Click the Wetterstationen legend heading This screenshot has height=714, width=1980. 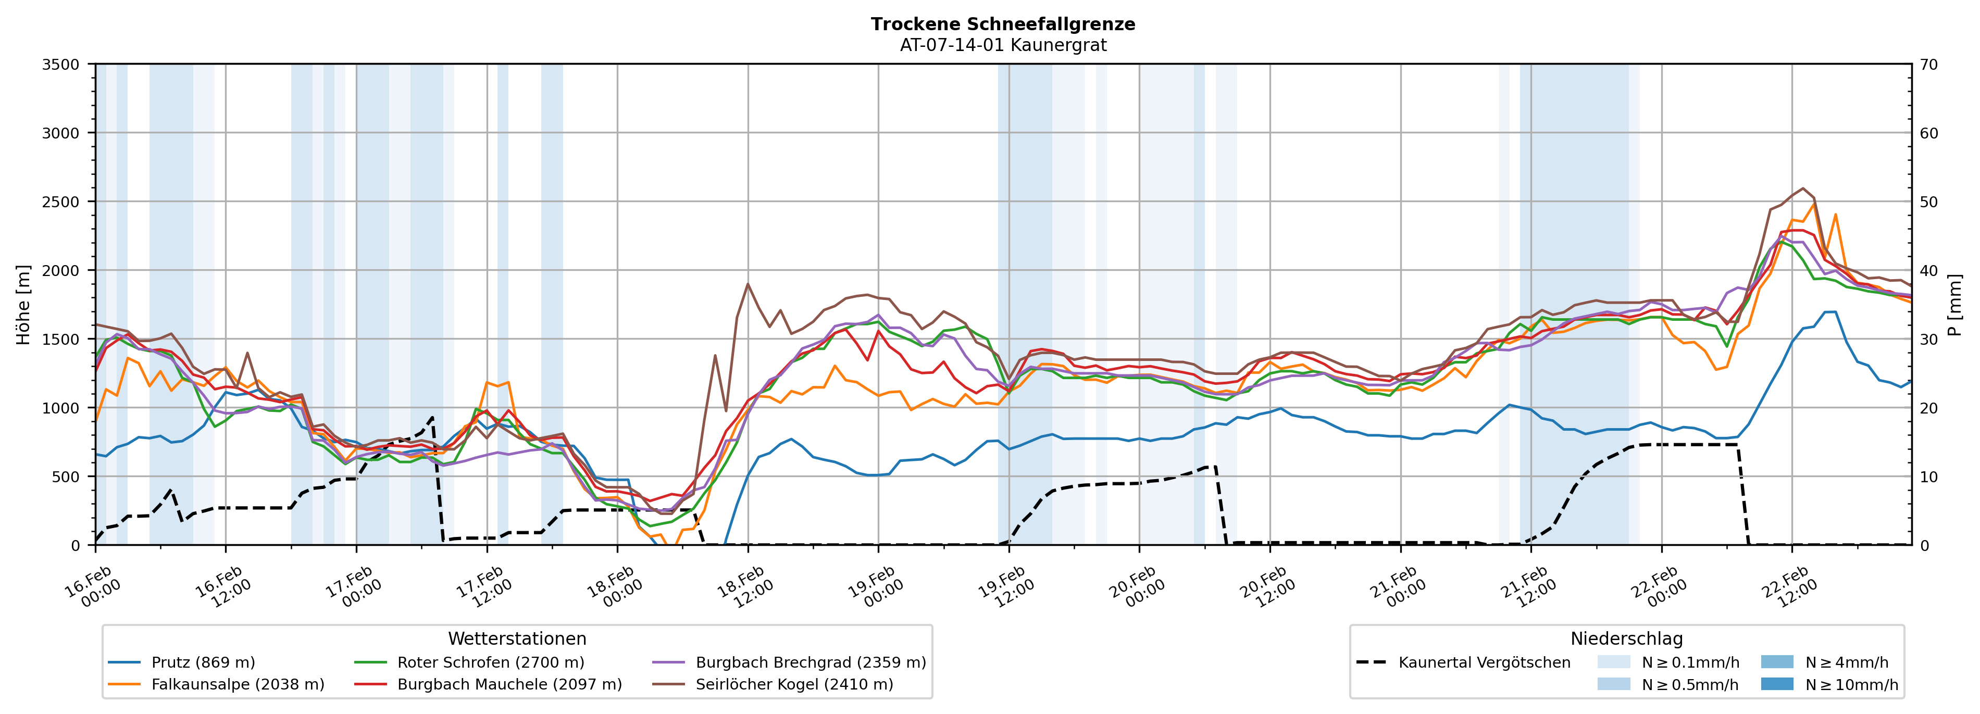coord(517,638)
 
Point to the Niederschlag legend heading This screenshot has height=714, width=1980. coord(1626,638)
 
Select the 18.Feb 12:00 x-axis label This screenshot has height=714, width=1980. coord(742,588)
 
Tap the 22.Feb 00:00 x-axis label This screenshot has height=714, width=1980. coord(1657,588)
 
